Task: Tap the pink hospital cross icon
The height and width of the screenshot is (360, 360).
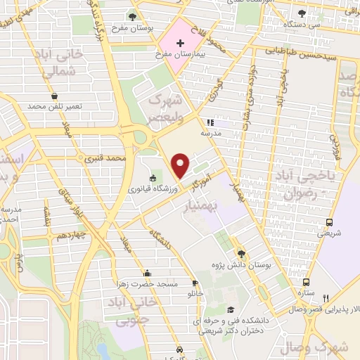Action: (x=181, y=44)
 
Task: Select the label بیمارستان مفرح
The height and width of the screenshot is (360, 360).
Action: (x=184, y=54)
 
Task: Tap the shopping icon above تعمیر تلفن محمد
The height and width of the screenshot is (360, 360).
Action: (x=54, y=96)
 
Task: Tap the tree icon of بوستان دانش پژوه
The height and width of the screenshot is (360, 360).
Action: (x=241, y=253)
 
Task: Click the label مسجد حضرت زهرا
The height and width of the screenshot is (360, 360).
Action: (x=149, y=283)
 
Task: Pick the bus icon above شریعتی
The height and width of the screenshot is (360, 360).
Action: (x=329, y=223)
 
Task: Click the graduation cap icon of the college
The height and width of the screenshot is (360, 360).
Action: (x=229, y=309)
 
